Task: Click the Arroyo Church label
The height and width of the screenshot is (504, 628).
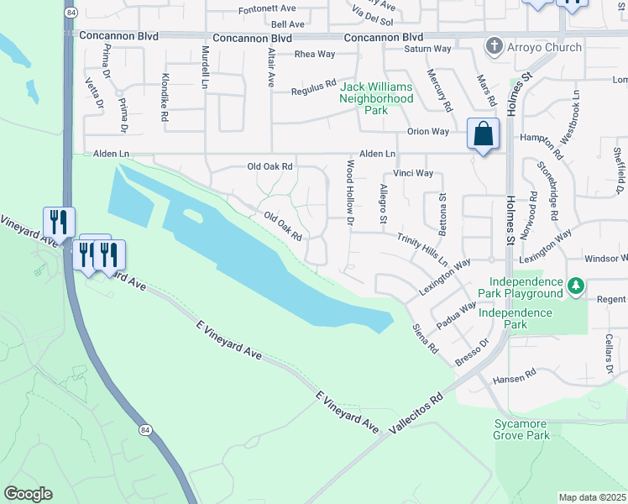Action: pos(544,47)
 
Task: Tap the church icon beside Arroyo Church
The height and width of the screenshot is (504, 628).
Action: pos(495,47)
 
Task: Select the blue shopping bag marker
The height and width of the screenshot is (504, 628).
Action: pos(484,134)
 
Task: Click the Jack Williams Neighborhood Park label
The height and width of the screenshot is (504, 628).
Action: pos(376,98)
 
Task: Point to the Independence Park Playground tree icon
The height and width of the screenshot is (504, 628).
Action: pos(575,287)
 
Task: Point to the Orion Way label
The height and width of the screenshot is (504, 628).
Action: pos(429,131)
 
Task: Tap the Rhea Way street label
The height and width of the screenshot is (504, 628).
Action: pos(315,55)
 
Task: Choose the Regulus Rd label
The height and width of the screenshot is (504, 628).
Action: pos(313,90)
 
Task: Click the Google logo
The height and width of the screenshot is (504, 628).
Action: pos(28,493)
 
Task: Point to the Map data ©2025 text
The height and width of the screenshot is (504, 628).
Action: pos(593,497)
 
